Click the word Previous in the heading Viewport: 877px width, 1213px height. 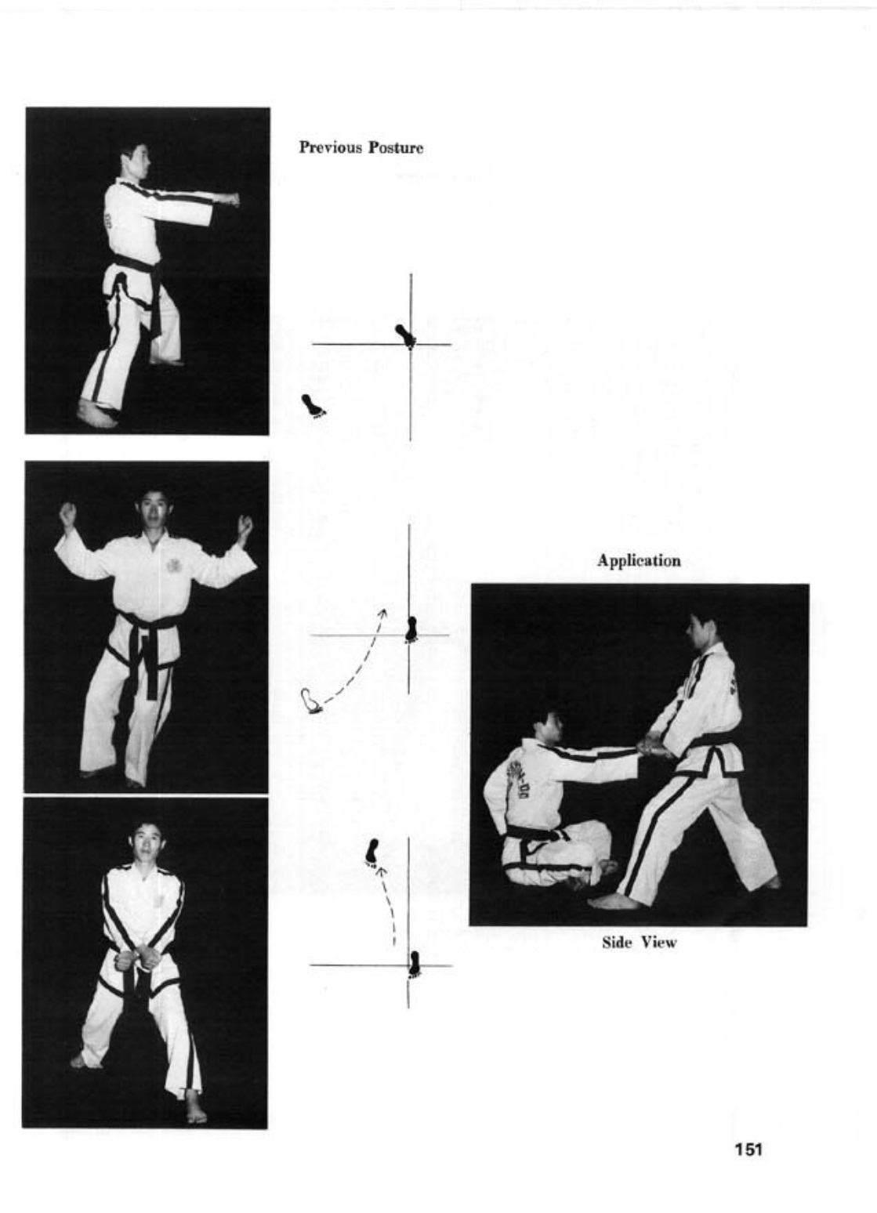[x=331, y=147]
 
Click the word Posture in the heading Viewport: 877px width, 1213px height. [x=396, y=147]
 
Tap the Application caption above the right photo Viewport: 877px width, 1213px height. [x=639, y=561]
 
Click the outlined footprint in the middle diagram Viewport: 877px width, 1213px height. [x=311, y=701]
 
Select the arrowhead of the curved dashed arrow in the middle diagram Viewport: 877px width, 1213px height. [x=382, y=613]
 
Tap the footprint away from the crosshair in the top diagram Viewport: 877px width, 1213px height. [x=313, y=406]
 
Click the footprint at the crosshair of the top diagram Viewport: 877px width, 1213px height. [x=406, y=335]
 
